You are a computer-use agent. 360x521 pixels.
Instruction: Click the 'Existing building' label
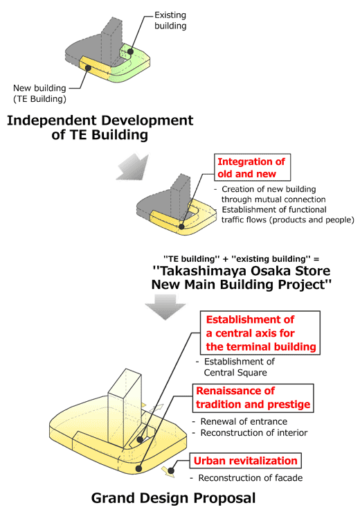(x=170, y=20)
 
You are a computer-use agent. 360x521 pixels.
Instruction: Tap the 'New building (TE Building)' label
(x=39, y=94)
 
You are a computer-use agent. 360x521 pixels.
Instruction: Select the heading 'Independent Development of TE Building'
(x=100, y=127)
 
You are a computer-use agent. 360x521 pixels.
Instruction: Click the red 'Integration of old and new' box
(x=253, y=167)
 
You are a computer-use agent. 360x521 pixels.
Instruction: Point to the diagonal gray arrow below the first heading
(x=133, y=166)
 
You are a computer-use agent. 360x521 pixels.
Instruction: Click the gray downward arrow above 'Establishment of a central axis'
(x=165, y=307)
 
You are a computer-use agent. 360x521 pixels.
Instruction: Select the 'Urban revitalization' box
(x=246, y=461)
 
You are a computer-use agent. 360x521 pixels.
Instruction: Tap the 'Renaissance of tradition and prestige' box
(x=253, y=398)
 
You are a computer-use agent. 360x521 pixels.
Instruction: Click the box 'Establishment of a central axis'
(x=260, y=333)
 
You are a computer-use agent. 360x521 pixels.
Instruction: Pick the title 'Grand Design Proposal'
(x=173, y=498)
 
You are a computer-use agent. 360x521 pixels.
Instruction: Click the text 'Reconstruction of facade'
(x=251, y=478)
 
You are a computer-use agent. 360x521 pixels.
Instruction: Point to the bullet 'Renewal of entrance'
(x=244, y=421)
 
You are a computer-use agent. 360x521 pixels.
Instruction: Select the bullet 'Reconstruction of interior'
(x=254, y=432)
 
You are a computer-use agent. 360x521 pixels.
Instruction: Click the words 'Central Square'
(x=235, y=373)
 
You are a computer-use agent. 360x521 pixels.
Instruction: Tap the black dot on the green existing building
(x=131, y=51)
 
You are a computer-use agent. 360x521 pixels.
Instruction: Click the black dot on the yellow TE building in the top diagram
(x=88, y=68)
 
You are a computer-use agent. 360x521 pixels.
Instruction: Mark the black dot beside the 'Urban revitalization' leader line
(x=171, y=470)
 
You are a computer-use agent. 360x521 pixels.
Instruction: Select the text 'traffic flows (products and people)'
(x=288, y=220)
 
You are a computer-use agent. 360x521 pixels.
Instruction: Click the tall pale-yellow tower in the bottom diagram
(x=125, y=405)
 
